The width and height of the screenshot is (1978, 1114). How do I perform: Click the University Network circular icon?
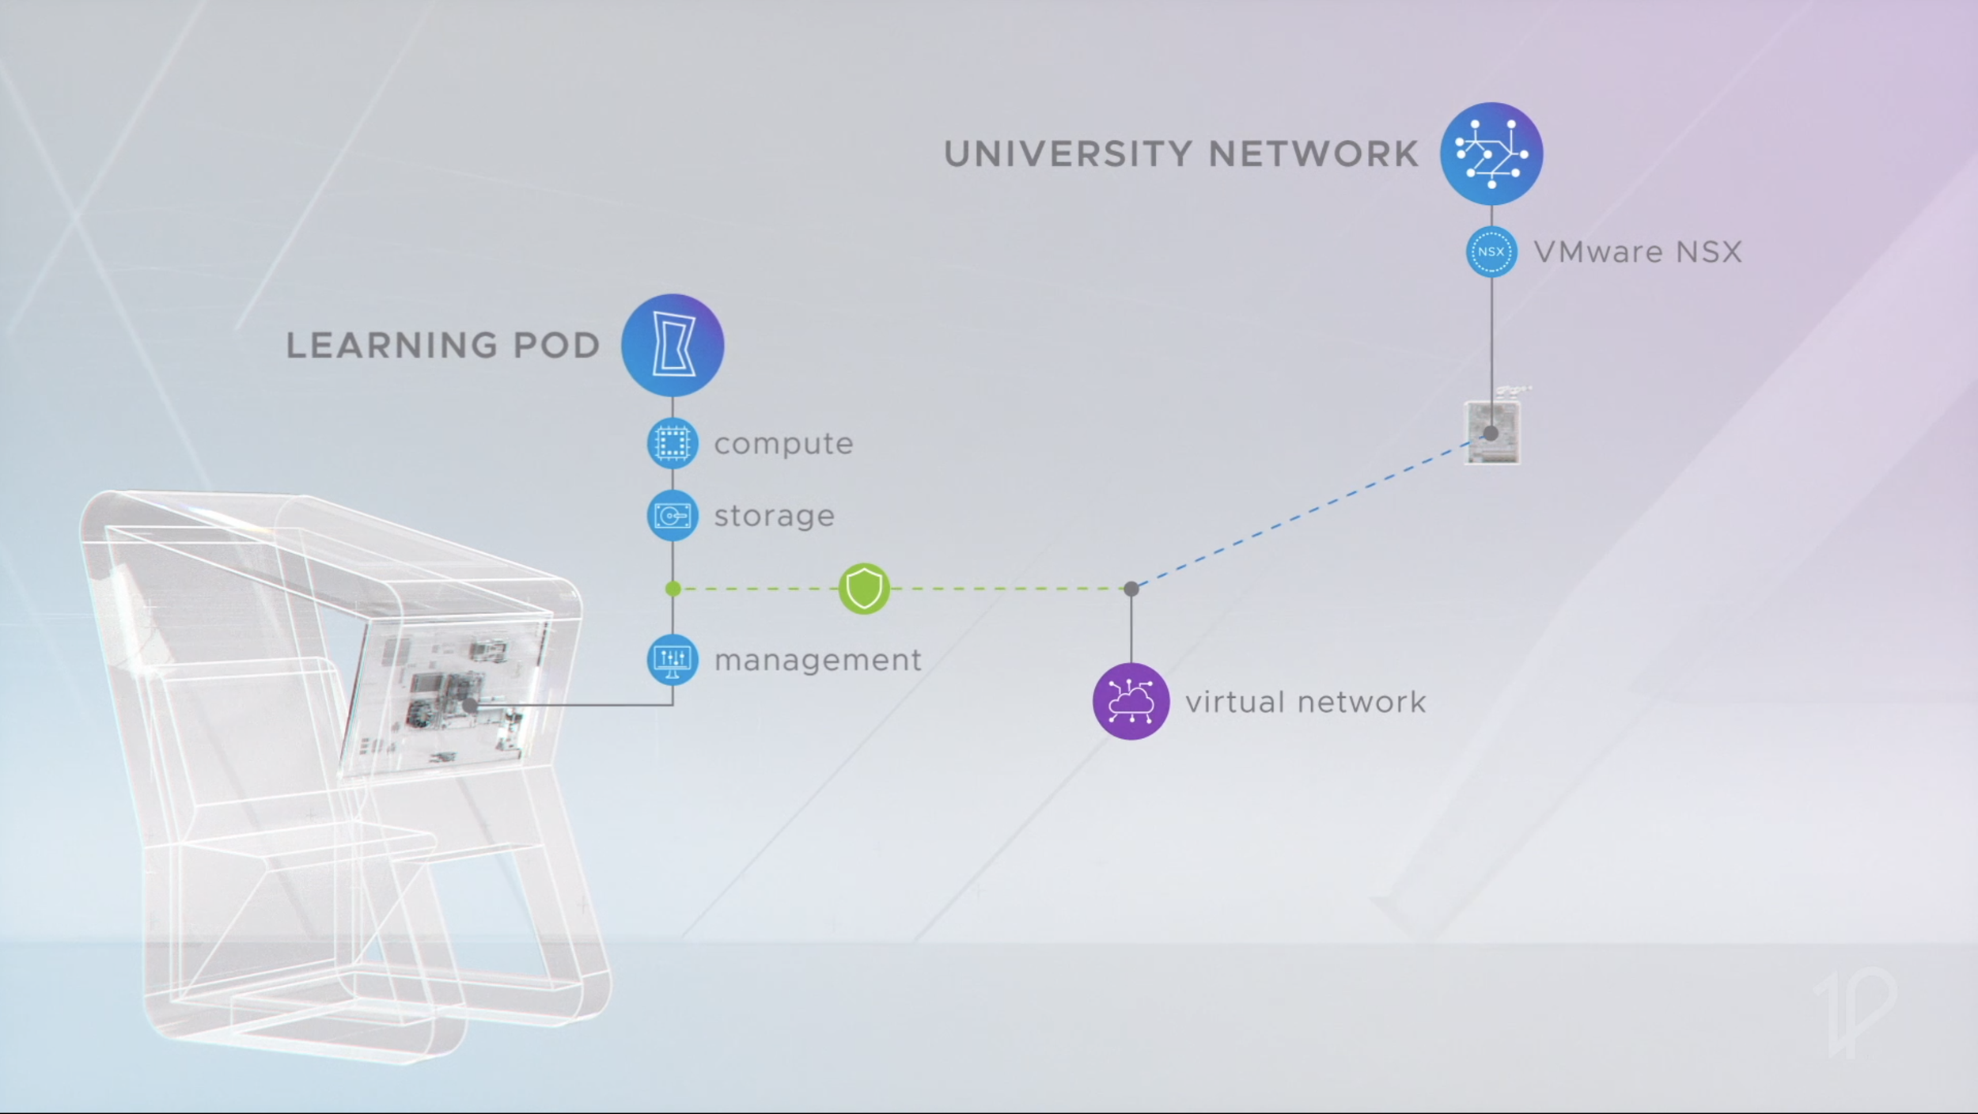[x=1491, y=153]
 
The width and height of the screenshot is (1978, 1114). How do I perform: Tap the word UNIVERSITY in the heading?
[x=1067, y=154]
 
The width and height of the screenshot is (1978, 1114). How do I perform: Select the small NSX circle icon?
[x=1491, y=252]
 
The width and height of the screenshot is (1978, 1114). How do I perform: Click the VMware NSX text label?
[x=1638, y=252]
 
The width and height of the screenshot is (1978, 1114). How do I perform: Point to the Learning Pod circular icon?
[x=673, y=345]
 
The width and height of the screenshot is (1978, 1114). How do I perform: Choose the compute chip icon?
[x=673, y=443]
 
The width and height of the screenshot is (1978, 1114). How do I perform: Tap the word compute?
[x=783, y=444]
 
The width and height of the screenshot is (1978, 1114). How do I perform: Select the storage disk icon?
[x=673, y=516]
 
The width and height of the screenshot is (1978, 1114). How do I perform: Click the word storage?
[x=774, y=516]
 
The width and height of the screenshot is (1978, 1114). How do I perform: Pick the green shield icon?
[x=864, y=589]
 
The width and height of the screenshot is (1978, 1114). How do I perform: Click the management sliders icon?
[x=673, y=659]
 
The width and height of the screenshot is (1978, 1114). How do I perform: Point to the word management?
[x=817, y=660]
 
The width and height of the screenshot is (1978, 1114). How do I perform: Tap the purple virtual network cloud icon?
[x=1131, y=701]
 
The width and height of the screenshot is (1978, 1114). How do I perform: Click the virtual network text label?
[x=1305, y=702]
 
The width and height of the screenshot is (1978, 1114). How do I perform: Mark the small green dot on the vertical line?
[x=673, y=589]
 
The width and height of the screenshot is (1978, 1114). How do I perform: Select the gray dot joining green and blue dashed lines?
[x=1131, y=589]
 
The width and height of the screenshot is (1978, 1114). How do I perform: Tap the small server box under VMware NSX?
[x=1492, y=434]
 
